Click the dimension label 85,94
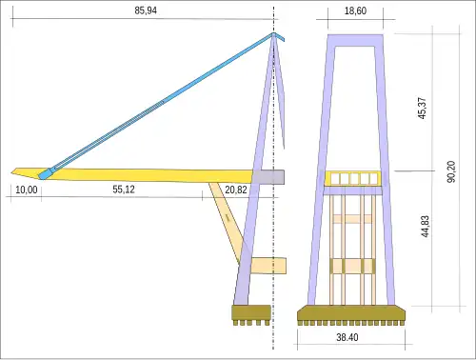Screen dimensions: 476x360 147,10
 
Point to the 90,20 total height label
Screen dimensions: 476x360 451,170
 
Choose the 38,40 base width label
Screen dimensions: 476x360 353,338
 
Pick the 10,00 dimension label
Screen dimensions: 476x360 27,190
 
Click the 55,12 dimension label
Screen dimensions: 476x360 124,190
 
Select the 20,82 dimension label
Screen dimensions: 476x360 237,190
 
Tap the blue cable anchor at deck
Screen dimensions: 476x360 45,174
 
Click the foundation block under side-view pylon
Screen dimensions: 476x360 251,311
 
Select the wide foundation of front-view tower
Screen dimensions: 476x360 352,312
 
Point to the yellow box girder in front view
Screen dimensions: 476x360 353,178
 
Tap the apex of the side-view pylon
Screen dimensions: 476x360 274,36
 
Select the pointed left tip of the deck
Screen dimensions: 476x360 15,171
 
